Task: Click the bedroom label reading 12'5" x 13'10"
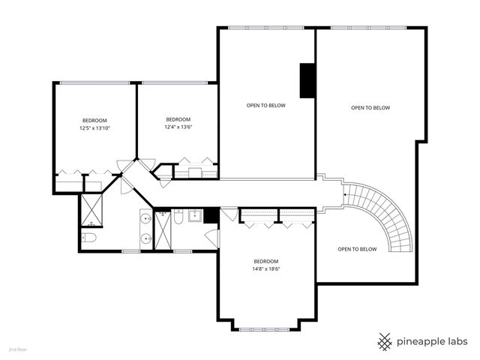coord(94,128)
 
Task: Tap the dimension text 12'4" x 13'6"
coord(178,127)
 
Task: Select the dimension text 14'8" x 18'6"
coord(266,269)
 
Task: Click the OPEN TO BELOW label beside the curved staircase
coord(357,249)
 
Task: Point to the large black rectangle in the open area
coord(307,80)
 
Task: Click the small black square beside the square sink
coord(211,215)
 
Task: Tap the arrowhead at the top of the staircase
coord(345,195)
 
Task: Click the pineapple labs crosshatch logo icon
coord(385,342)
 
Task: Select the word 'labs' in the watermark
coord(457,341)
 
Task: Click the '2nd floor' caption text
coord(18,349)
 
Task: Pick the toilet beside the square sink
coord(178,216)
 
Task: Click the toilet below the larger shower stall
coord(89,237)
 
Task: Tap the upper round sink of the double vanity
coord(146,219)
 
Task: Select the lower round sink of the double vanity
coord(146,238)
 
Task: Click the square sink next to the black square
coord(195,215)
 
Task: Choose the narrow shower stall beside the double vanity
coord(163,230)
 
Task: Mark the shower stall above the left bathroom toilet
coord(91,210)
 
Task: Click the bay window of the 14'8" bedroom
coord(264,330)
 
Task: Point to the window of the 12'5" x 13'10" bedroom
coord(94,82)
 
